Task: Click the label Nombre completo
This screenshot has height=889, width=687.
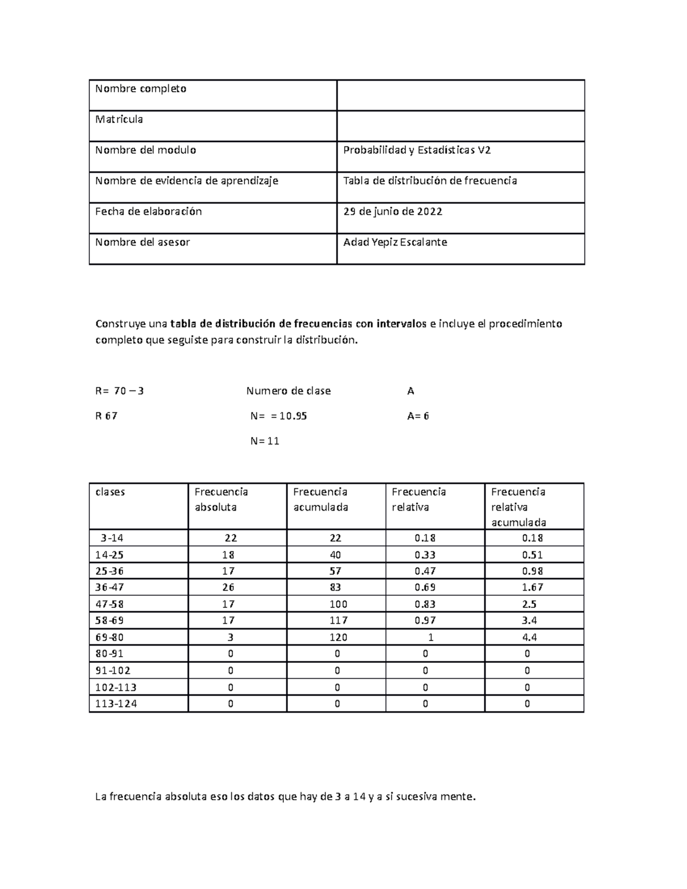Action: coord(141,89)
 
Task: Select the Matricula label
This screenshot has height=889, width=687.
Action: coord(119,120)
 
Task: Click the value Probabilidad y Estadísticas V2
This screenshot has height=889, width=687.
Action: coord(417,151)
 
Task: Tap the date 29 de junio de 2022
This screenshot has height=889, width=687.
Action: coord(393,212)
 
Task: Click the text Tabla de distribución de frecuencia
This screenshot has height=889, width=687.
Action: coord(430,181)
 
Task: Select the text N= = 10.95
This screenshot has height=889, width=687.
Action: coord(279,416)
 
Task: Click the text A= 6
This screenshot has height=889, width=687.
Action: coord(418,416)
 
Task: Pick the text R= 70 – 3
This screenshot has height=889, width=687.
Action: coord(120,392)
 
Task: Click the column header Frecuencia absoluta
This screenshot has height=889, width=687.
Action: coord(221,499)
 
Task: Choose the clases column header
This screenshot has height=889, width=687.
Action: coord(110,492)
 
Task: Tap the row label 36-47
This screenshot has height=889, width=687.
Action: coord(109,587)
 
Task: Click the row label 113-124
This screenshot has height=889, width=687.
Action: coord(116,704)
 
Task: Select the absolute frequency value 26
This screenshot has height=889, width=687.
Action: coord(231,587)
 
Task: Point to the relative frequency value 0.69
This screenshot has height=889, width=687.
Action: coord(425,587)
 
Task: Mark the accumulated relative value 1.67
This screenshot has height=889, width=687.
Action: coord(533,587)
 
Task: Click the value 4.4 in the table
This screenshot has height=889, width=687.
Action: coord(530,638)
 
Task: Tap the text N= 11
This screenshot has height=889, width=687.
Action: coord(265,441)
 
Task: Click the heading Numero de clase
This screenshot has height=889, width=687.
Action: coord(289,392)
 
